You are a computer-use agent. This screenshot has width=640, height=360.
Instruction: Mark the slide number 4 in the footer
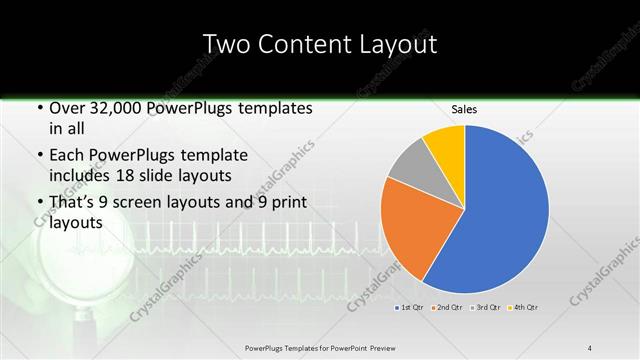coord(590,347)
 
